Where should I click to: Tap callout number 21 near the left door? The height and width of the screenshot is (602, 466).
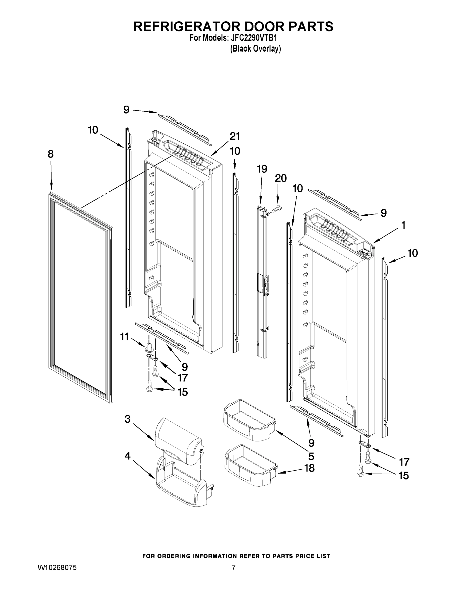(235, 136)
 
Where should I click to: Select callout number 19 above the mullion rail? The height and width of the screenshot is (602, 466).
(262, 169)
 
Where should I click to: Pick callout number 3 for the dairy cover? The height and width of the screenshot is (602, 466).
(127, 419)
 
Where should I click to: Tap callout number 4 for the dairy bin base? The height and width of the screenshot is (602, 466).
(127, 456)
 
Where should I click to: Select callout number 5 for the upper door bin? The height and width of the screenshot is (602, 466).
(311, 457)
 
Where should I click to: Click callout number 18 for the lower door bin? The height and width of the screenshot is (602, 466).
(309, 468)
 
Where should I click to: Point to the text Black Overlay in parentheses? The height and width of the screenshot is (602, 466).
(255, 49)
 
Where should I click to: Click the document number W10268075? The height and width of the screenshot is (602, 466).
(57, 568)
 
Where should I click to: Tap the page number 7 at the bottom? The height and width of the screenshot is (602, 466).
(234, 568)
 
